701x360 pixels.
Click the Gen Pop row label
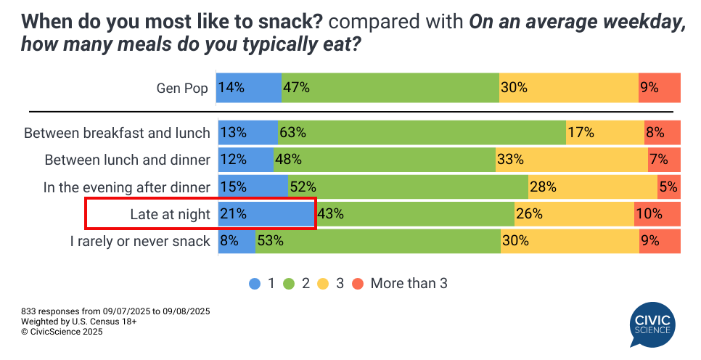[x=182, y=88]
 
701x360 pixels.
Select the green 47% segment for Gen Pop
[x=390, y=88]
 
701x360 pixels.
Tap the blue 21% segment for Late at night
[x=266, y=214]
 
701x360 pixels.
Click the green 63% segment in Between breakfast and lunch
[x=421, y=133]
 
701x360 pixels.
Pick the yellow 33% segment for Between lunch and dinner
[x=571, y=160]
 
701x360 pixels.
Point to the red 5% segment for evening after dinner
[x=669, y=187]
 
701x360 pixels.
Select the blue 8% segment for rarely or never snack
[x=236, y=241]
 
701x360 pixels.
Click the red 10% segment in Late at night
[x=657, y=214]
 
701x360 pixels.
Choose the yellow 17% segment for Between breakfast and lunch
[x=604, y=133]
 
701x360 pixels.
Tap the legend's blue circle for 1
[x=255, y=284]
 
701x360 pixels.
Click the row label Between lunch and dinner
[x=127, y=160]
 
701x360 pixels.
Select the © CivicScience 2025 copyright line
[x=62, y=332]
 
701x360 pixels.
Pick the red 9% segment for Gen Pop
[x=660, y=88]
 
